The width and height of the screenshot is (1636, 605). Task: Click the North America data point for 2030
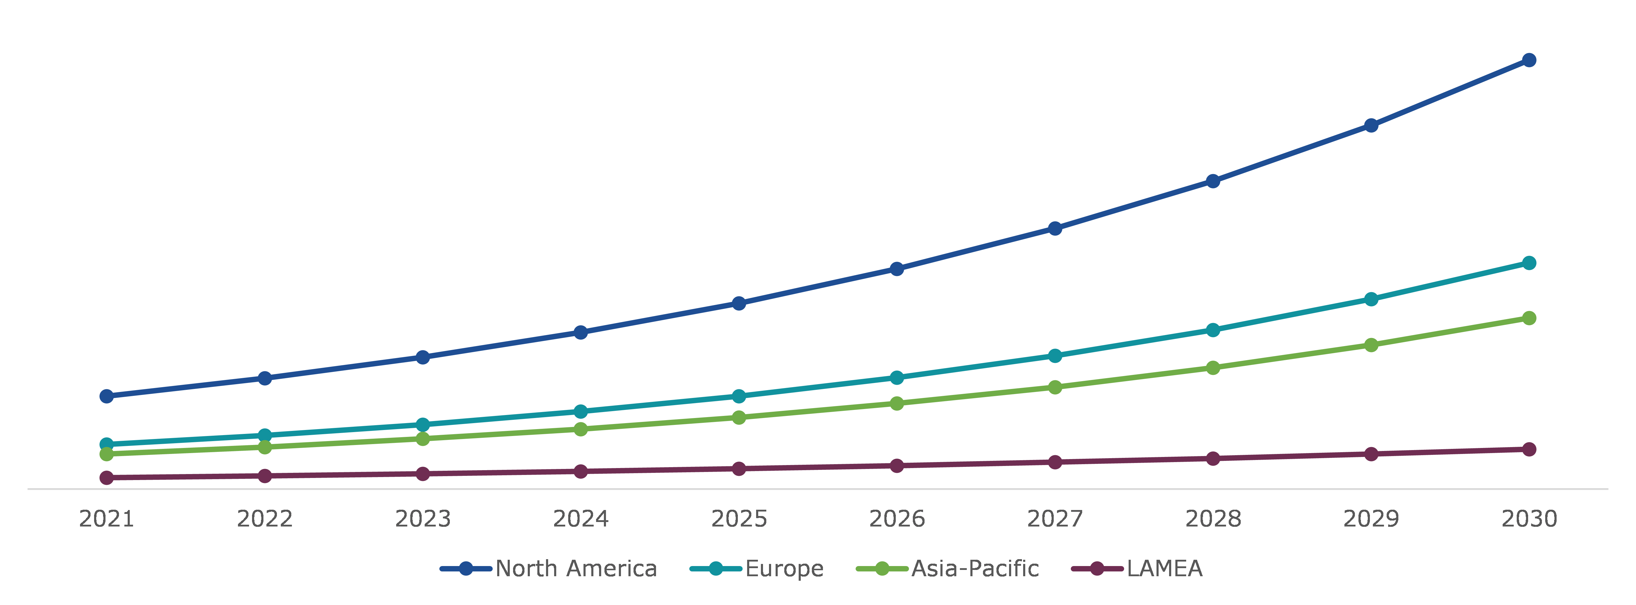1529,60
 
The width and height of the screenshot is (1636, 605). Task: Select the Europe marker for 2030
1529,263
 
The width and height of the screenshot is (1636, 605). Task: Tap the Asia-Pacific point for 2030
1529,318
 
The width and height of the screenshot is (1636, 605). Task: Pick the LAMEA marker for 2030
1529,449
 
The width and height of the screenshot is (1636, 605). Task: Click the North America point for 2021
107,396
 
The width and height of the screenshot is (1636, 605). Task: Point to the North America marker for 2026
897,269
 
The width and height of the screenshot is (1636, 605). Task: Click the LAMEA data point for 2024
580,471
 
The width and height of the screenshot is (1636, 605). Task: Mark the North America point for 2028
1213,182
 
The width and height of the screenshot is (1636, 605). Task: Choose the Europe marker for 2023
423,425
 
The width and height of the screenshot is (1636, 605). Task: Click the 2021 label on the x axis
107,519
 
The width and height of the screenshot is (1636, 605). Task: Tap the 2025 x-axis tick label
739,519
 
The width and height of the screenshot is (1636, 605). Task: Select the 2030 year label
1529,519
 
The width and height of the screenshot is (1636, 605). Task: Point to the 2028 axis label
1213,519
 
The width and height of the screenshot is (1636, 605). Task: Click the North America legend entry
575,569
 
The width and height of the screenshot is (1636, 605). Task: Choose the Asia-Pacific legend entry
975,569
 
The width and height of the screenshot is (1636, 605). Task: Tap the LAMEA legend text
1164,569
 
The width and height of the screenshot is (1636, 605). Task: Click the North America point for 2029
1371,126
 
